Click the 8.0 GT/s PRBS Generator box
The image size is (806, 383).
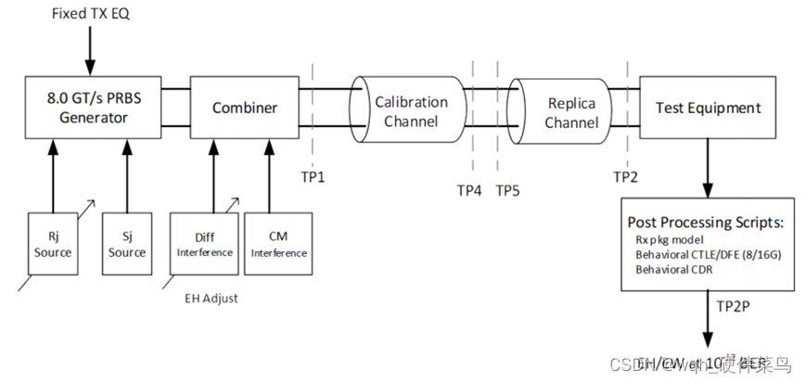tap(89, 108)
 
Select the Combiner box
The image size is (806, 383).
tap(245, 108)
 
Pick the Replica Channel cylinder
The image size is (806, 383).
tap(569, 112)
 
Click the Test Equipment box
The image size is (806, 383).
tap(708, 108)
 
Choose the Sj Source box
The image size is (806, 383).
tap(127, 244)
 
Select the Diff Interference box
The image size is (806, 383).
tap(202, 244)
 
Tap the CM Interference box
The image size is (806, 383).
tap(276, 244)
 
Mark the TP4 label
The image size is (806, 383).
tap(469, 190)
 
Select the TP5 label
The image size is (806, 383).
tap(508, 190)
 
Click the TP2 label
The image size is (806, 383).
tap(626, 175)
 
